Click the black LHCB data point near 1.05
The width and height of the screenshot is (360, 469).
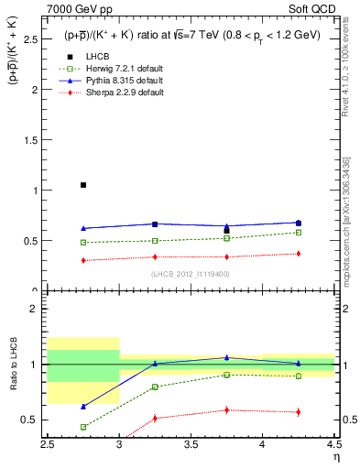tap(83, 185)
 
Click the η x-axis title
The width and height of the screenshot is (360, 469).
tap(336, 455)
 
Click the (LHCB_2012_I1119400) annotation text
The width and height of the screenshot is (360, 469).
tap(191, 274)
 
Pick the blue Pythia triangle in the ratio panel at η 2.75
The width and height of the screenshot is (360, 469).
tap(83, 406)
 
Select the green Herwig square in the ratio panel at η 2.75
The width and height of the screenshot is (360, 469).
tap(83, 427)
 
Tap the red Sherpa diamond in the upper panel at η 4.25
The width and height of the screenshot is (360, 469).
tap(298, 254)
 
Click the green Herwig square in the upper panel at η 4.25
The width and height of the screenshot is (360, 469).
tap(298, 233)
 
